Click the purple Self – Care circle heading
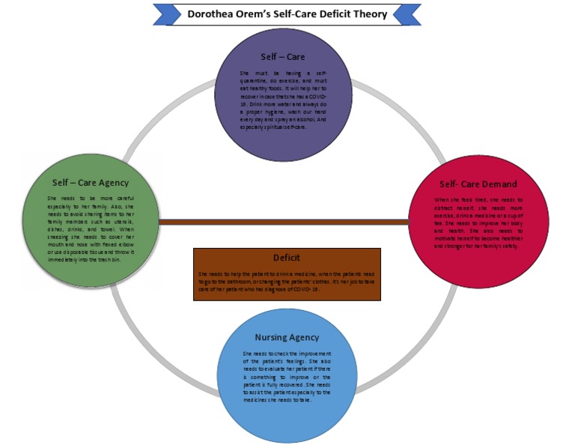[282, 56]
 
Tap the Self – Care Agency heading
[90, 182]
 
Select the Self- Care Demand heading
[478, 184]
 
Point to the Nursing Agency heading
[287, 337]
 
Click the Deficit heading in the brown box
[286, 258]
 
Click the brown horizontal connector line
[285, 222]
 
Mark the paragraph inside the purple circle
[283, 100]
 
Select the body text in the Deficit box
[286, 281]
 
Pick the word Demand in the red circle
[498, 184]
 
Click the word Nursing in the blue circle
[270, 337]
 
